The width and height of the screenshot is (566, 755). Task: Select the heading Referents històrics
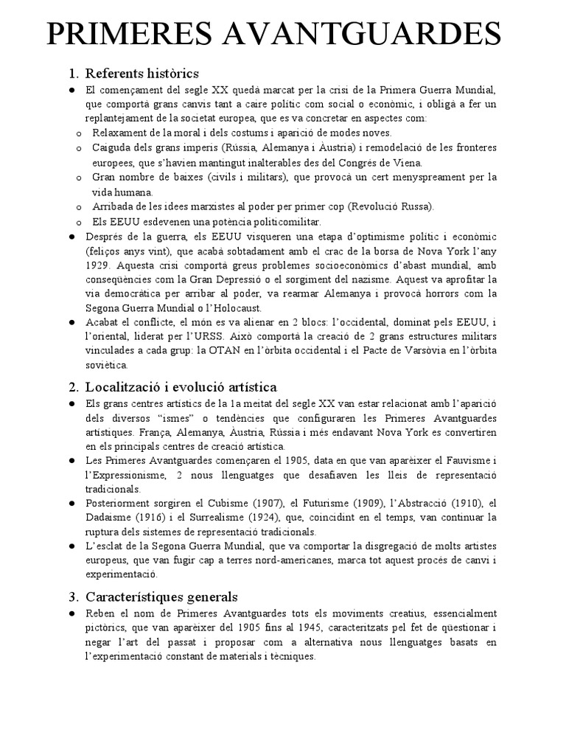coord(142,73)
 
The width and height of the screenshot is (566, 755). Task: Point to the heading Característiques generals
coord(162,596)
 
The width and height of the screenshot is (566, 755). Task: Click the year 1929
coord(97,264)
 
